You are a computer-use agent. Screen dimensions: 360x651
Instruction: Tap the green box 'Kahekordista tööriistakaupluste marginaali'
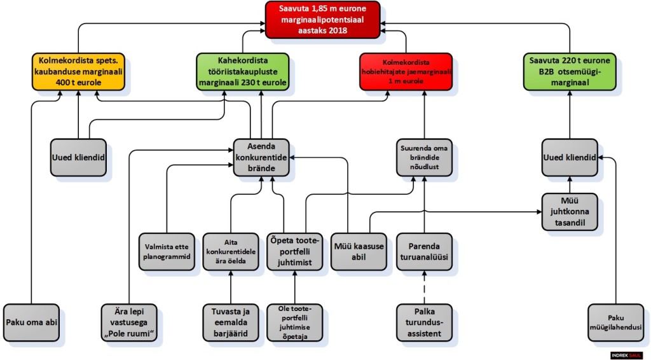(x=242, y=71)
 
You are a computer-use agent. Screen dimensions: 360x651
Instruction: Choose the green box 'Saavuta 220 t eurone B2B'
(x=569, y=71)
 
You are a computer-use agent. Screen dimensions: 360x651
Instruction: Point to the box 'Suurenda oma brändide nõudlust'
(x=423, y=156)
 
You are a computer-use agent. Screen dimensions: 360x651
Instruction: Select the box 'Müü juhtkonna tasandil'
(x=570, y=211)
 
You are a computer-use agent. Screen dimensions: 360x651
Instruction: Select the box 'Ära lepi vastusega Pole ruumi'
(x=130, y=323)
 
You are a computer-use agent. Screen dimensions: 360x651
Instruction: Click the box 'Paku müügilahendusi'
(x=615, y=323)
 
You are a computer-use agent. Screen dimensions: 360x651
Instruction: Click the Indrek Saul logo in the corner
(x=628, y=354)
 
